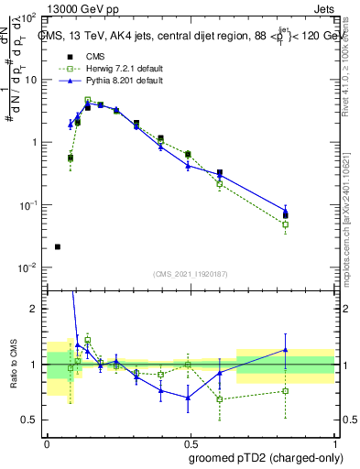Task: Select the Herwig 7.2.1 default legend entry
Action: pyautogui.click(x=115, y=69)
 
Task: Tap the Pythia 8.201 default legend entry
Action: pyautogui.click(x=113, y=81)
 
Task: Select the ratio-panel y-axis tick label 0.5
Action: pyautogui.click(x=30, y=420)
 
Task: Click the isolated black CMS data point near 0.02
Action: pyautogui.click(x=58, y=246)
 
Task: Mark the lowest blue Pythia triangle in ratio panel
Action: pyautogui.click(x=188, y=398)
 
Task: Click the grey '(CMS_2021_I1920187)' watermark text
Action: pyautogui.click(x=191, y=275)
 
